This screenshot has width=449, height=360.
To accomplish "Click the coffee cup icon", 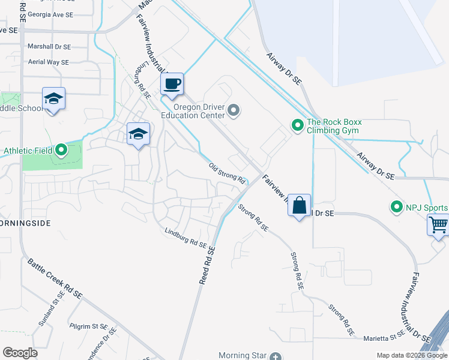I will pos(172,84).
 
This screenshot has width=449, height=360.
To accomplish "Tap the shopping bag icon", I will pos(299,206).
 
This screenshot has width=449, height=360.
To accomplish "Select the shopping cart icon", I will pos(438,226).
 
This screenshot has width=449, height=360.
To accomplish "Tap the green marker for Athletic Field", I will pos(61,150).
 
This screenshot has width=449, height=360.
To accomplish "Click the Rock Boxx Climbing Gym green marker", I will pos(297,125).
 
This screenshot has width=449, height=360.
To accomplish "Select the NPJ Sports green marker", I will pos(396,208).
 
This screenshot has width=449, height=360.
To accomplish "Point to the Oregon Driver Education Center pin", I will pos(234,110).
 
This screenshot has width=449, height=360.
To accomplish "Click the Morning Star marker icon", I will pos(275,356).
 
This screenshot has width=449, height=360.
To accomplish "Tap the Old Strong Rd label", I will pos(228,173).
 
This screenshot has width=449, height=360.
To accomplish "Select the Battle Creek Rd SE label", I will pos(55,278).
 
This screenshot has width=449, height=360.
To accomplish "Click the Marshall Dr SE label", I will pos(49,46).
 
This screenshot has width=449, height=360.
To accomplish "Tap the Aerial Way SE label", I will pos(49,62).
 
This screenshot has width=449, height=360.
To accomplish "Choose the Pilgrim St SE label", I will pos(88,326).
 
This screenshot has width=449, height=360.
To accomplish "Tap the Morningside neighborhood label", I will pos(23,222).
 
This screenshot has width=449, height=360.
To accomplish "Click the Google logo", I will pos(20,353).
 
